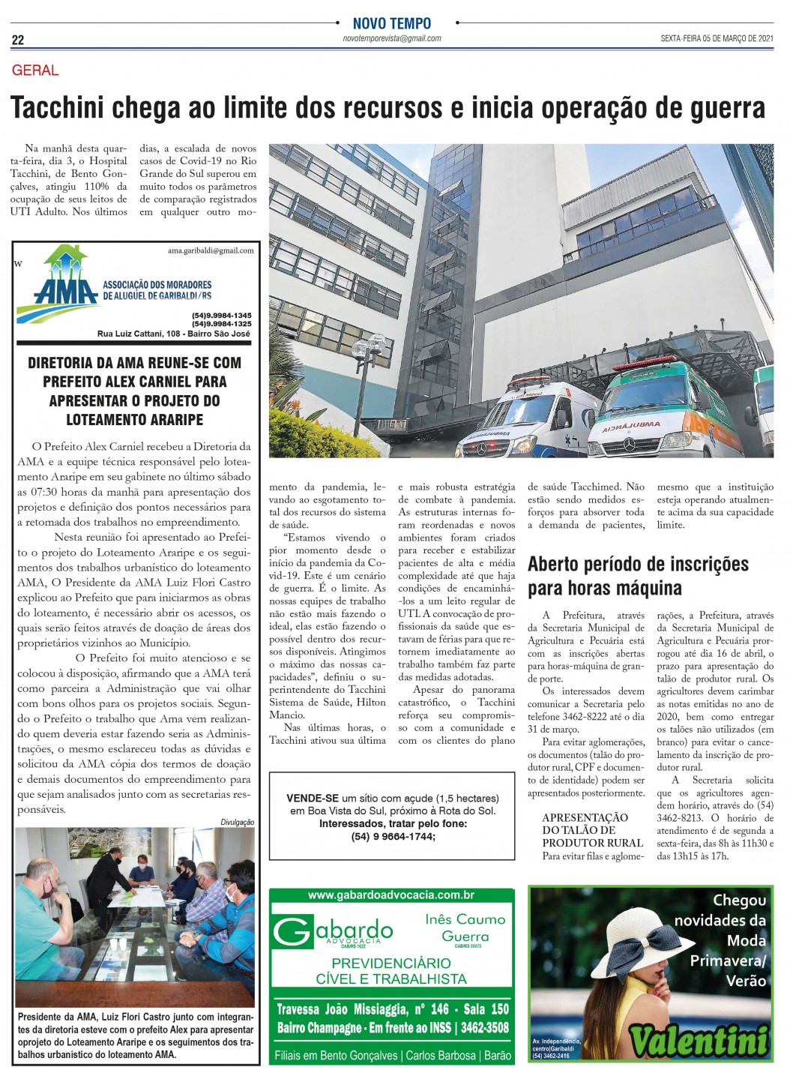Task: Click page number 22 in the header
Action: tap(18, 40)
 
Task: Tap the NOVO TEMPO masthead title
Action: tap(392, 24)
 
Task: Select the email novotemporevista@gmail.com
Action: tap(391, 38)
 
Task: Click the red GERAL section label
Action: tap(35, 70)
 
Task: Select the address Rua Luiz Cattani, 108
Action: tap(142, 334)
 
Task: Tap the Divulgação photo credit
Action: tap(237, 822)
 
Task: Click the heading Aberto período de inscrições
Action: tap(638, 564)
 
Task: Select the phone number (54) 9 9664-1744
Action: tap(392, 836)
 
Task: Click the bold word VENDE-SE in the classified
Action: tap(313, 798)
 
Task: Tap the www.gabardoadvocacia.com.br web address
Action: tap(391, 895)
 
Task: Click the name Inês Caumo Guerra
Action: tap(465, 928)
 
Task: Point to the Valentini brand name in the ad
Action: tap(699, 1040)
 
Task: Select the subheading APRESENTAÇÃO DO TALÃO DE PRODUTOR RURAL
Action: tap(585, 830)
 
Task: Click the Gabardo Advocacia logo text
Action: tap(334, 932)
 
